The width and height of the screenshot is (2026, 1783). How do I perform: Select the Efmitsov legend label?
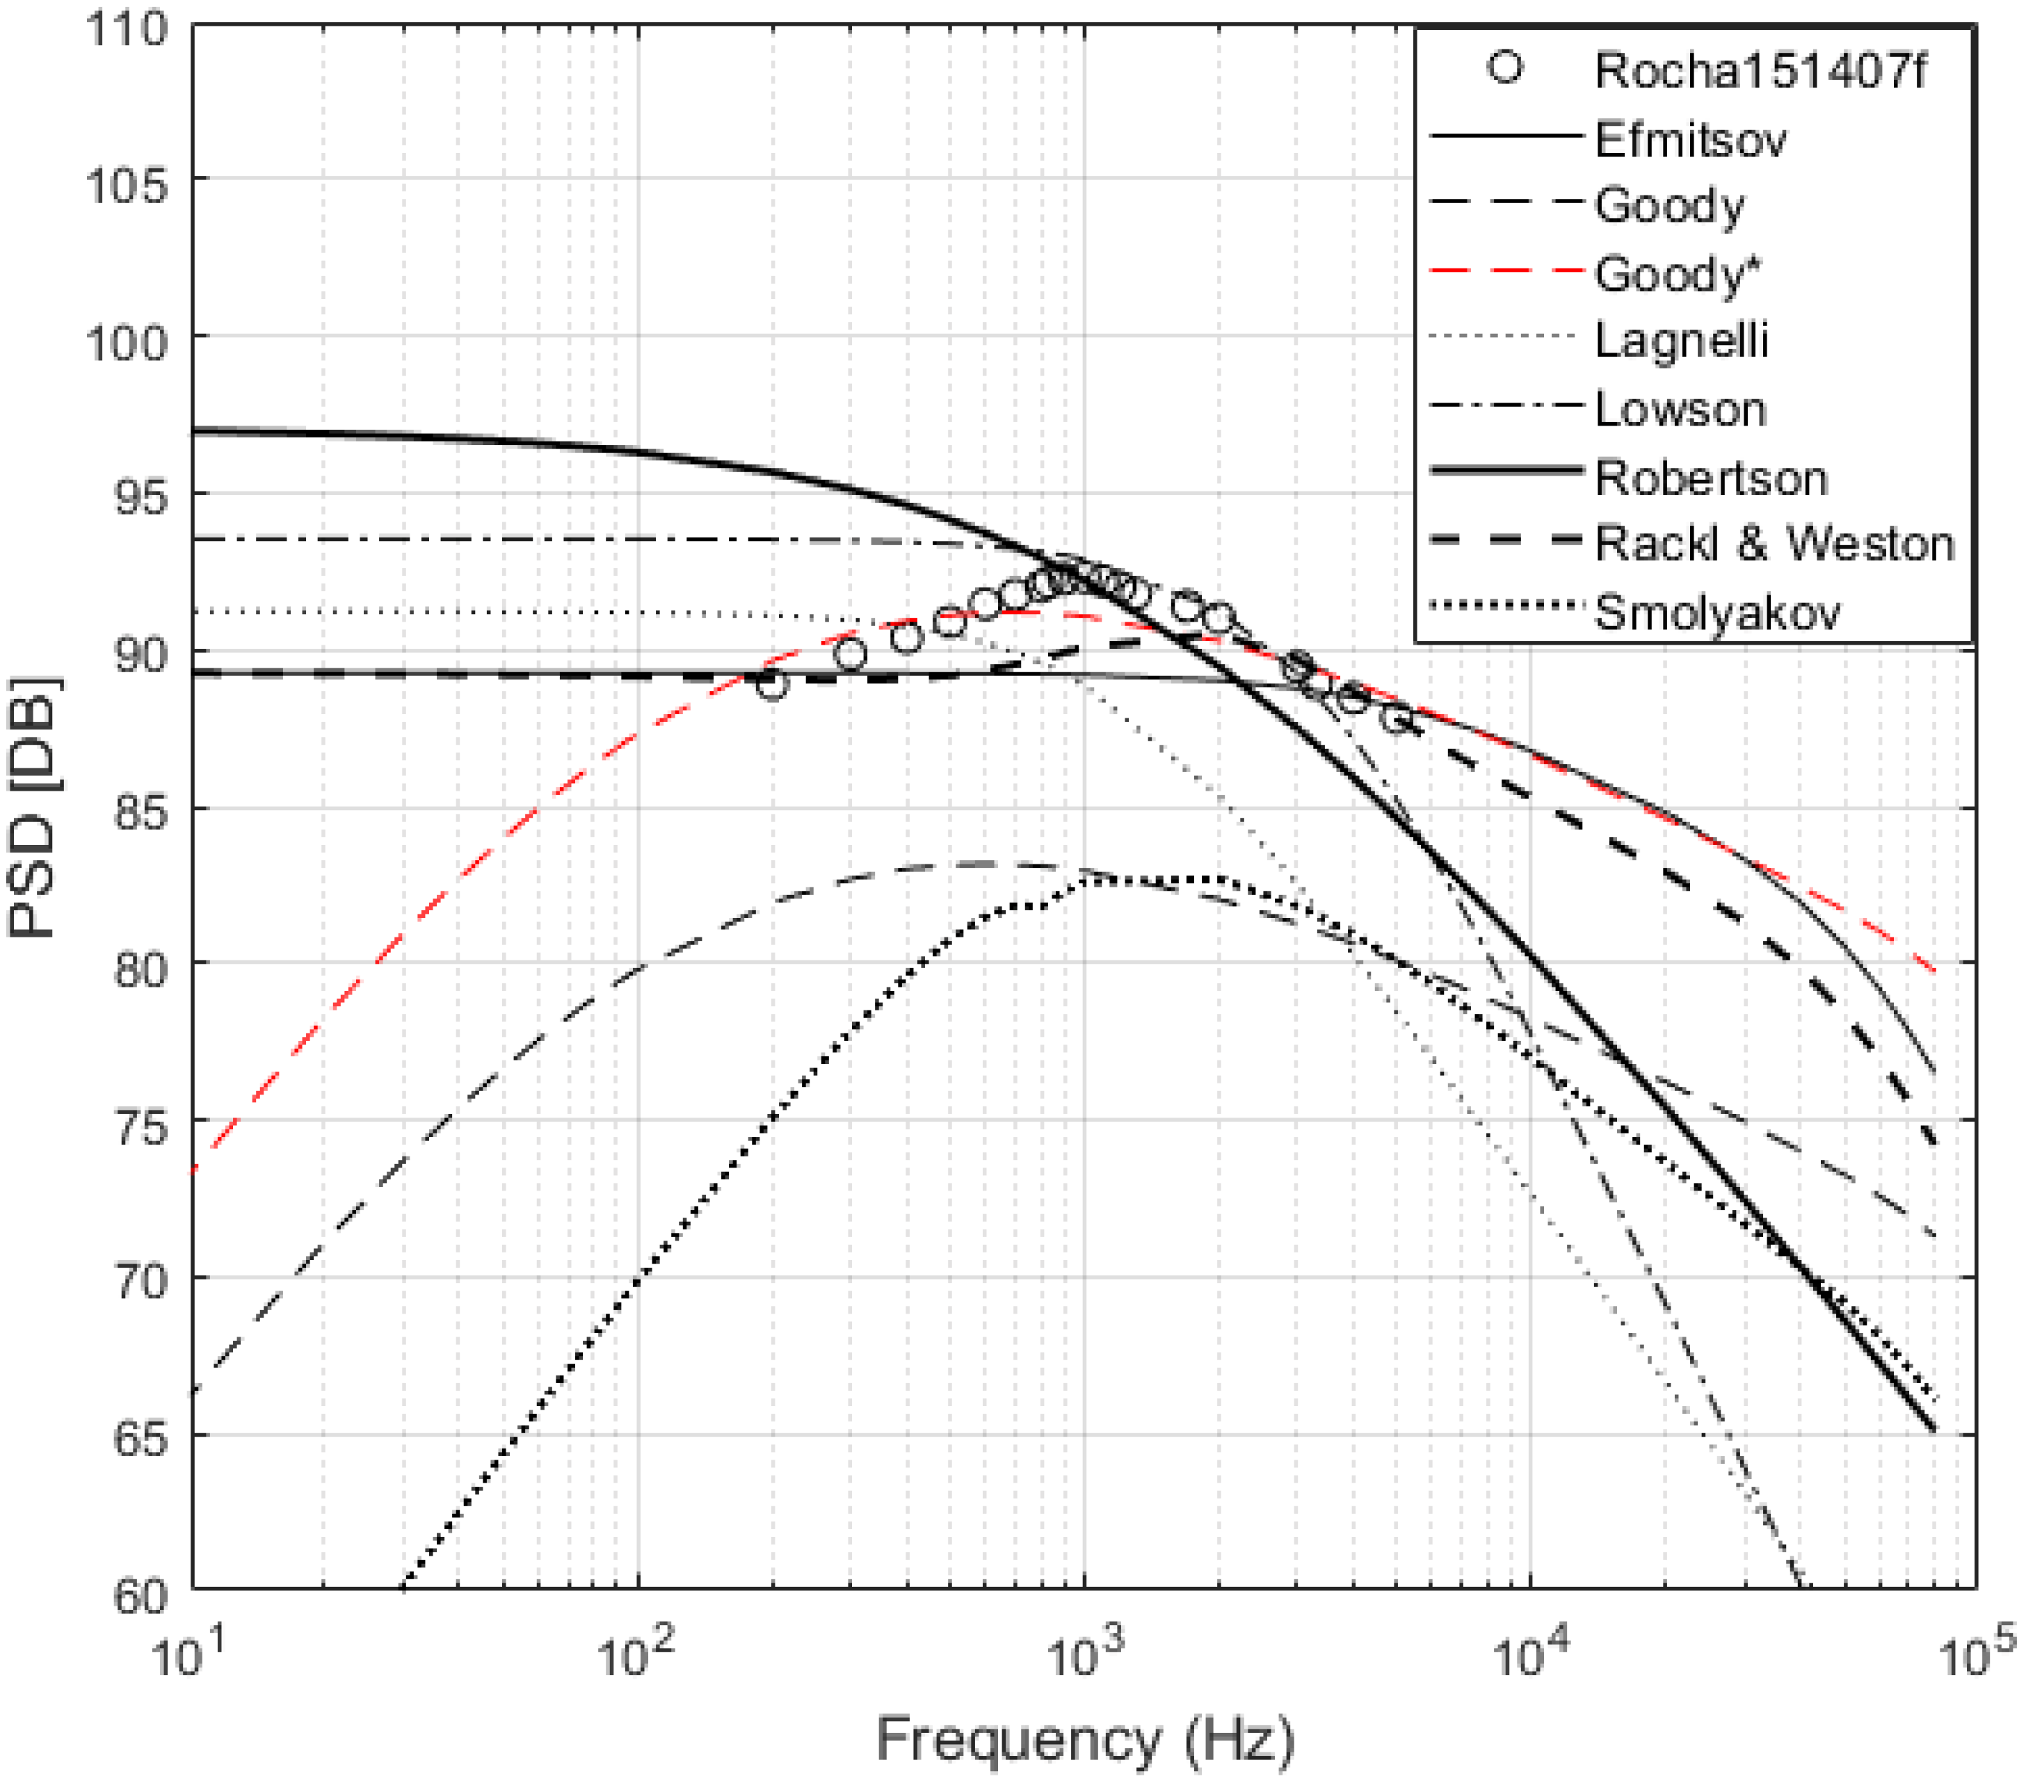coord(1690,140)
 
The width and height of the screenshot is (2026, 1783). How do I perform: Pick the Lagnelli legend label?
coord(1681,341)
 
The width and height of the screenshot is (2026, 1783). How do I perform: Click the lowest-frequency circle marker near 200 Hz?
coord(772,684)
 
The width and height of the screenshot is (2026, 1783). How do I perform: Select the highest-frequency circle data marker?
coord(1397,718)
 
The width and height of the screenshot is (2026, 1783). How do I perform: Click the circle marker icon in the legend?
coord(1504,67)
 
